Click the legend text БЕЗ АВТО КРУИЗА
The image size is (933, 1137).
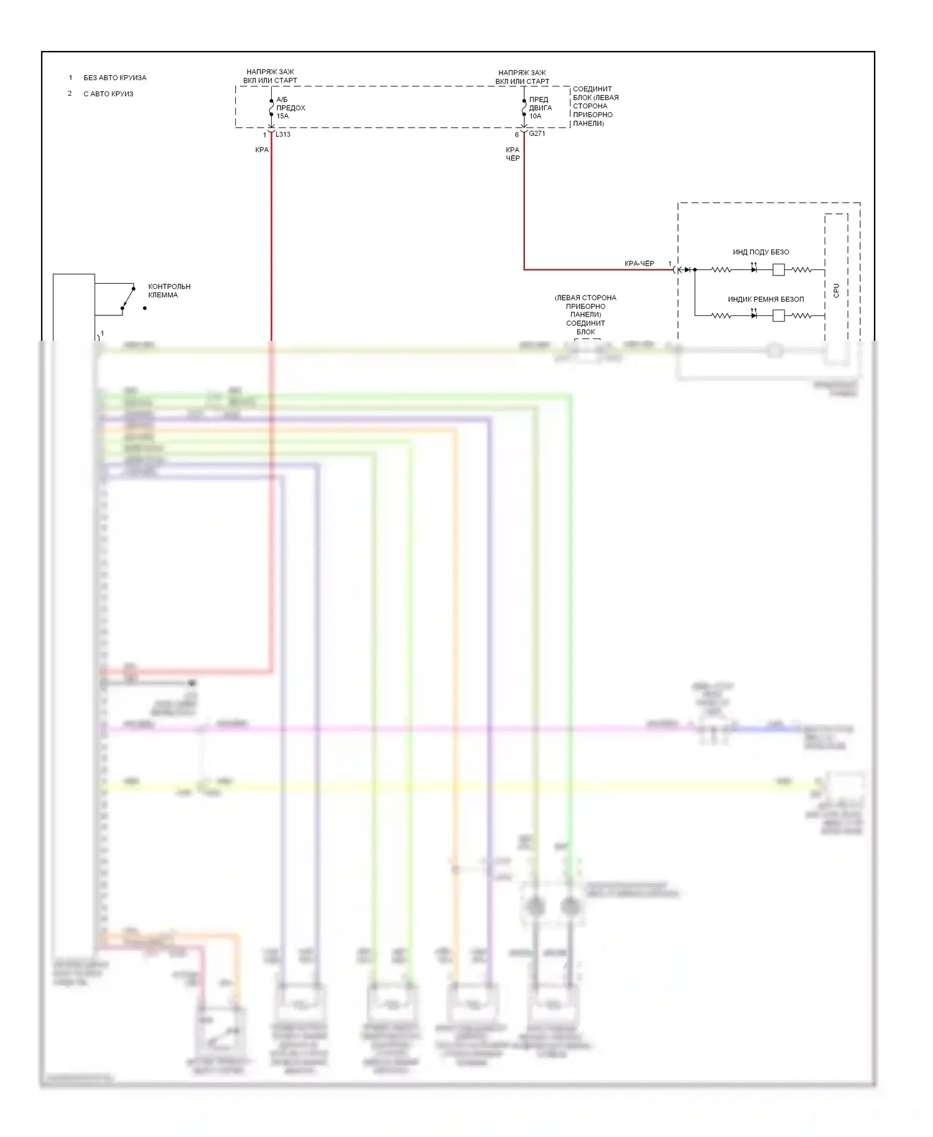click(x=114, y=78)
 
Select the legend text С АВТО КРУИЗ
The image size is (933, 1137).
click(x=108, y=94)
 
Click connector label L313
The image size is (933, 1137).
click(x=283, y=134)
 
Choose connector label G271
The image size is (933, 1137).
click(x=537, y=134)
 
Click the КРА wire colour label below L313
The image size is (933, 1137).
click(x=262, y=150)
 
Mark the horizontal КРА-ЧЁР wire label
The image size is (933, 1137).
click(x=639, y=264)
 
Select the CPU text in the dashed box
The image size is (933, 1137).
click(x=836, y=290)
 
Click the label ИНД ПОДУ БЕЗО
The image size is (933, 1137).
click(x=760, y=252)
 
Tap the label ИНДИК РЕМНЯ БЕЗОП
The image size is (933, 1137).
click(x=765, y=299)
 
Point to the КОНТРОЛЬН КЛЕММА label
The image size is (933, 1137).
click(x=169, y=291)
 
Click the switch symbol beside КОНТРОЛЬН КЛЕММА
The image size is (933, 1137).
click(x=128, y=298)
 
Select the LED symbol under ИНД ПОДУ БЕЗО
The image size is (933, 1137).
click(x=754, y=269)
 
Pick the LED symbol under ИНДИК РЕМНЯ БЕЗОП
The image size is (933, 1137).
click(x=754, y=315)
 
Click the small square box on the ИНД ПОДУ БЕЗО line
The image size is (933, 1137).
click(x=778, y=269)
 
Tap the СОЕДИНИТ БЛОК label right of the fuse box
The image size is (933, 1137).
click(x=595, y=106)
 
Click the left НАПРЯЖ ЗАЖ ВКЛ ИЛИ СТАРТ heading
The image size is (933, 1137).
click(x=270, y=76)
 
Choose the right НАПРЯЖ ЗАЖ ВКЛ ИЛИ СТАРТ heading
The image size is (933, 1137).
click(x=522, y=77)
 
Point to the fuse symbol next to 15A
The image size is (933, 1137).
click(x=271, y=108)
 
